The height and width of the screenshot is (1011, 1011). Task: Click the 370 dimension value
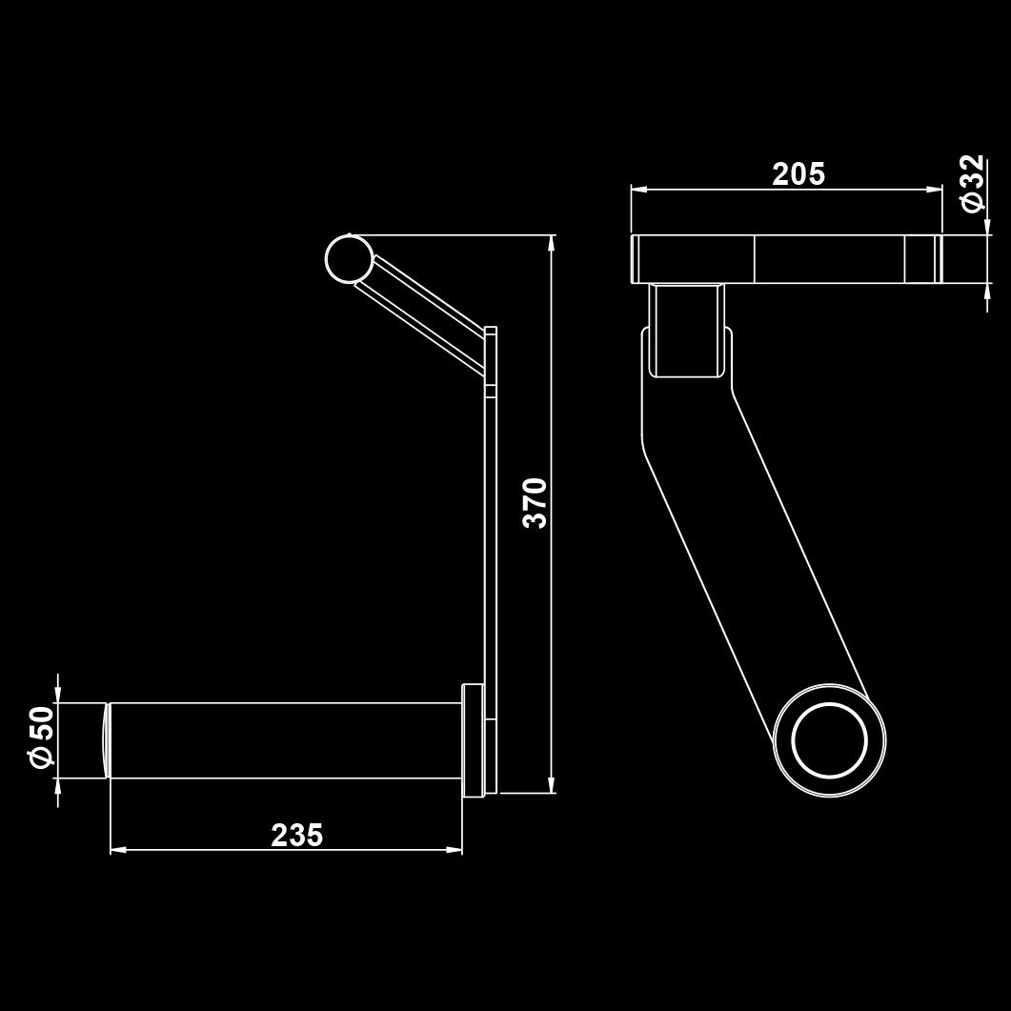pos(536,502)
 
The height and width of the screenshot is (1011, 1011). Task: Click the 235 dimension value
pos(297,835)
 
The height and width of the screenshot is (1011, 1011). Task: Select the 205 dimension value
pos(799,174)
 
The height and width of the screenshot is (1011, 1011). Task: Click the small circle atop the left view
pos(349,259)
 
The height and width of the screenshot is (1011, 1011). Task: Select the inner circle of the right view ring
pos(830,740)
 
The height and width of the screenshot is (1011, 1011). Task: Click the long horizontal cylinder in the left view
pos(286,740)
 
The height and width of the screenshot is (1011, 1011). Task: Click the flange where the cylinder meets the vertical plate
pos(472,739)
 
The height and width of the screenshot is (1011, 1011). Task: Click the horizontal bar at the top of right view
pos(781,258)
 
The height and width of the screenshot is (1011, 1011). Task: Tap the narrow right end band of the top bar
pos(938,258)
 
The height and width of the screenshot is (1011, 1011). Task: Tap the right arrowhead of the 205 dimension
pos(935,190)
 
